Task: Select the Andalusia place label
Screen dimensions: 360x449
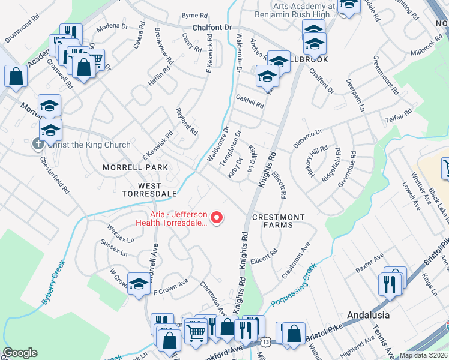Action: [369, 314]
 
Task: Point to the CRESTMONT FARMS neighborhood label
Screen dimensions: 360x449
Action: [278, 221]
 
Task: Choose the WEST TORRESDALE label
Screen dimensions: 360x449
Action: [149, 190]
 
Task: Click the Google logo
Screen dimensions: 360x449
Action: [20, 353]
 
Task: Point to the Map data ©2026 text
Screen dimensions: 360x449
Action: [423, 355]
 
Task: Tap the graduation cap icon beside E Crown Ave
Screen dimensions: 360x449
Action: [139, 285]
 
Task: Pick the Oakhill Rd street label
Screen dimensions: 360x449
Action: [250, 103]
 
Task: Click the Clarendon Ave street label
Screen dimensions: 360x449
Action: [212, 298]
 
